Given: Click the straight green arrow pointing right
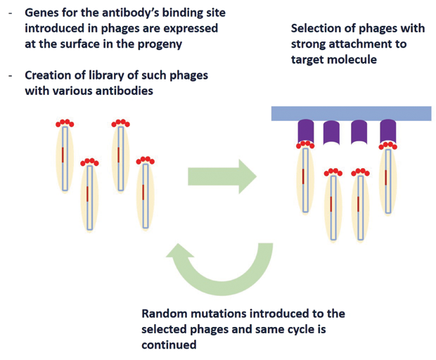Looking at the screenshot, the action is tap(222, 176).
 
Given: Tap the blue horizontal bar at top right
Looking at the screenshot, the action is tap(351, 113).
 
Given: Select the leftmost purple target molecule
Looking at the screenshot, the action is tap(306, 131).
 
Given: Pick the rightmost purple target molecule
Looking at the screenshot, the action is tap(388, 131).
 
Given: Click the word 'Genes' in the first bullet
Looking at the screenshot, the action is tap(41, 13).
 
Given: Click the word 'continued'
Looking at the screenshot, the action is tap(169, 345).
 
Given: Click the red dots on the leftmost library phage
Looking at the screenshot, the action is tap(65, 123).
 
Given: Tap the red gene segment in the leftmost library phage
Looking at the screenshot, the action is tap(63, 155).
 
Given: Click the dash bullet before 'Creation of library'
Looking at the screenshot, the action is tap(11, 76).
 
